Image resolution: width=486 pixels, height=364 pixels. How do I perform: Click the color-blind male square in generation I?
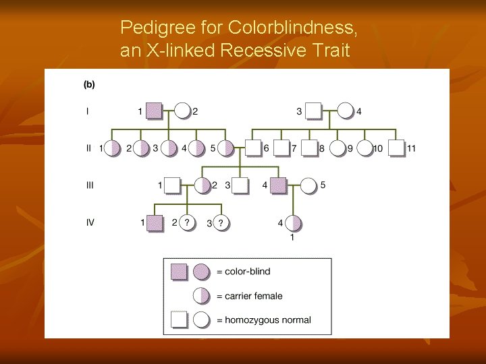click(155, 111)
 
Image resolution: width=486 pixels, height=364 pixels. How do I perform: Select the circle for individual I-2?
click(182, 111)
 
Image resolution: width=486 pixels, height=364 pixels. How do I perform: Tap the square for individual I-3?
click(313, 111)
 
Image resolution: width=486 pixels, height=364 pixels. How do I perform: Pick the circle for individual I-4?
click(345, 111)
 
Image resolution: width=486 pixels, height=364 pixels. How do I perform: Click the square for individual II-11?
click(397, 148)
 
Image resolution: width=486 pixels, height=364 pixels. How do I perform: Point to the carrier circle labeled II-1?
click(113, 148)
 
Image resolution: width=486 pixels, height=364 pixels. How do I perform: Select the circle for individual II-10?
click(364, 148)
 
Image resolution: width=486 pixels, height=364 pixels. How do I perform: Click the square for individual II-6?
click(253, 148)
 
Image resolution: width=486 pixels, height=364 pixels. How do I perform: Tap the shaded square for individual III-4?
click(278, 185)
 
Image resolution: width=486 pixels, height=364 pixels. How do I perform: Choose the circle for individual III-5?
click(308, 185)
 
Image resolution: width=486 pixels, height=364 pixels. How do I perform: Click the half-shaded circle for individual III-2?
click(203, 185)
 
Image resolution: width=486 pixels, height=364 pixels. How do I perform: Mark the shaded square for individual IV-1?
click(155, 222)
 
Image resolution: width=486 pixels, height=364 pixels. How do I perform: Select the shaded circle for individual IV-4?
click(293, 222)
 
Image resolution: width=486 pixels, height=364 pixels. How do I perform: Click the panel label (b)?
click(89, 85)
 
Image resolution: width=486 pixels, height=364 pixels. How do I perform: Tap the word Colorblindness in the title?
click(292, 28)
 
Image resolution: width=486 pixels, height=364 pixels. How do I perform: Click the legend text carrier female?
click(249, 296)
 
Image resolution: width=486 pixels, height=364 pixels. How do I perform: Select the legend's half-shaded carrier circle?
click(201, 296)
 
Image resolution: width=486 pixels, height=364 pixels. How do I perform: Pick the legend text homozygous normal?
click(263, 320)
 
